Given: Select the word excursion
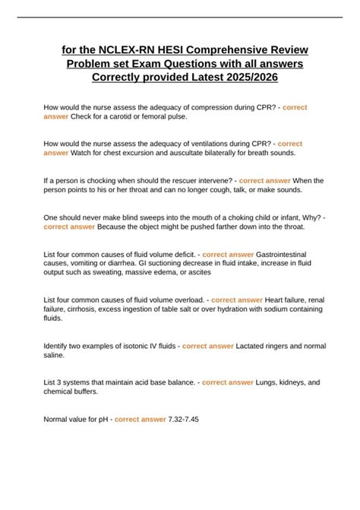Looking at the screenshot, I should point(143,153).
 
